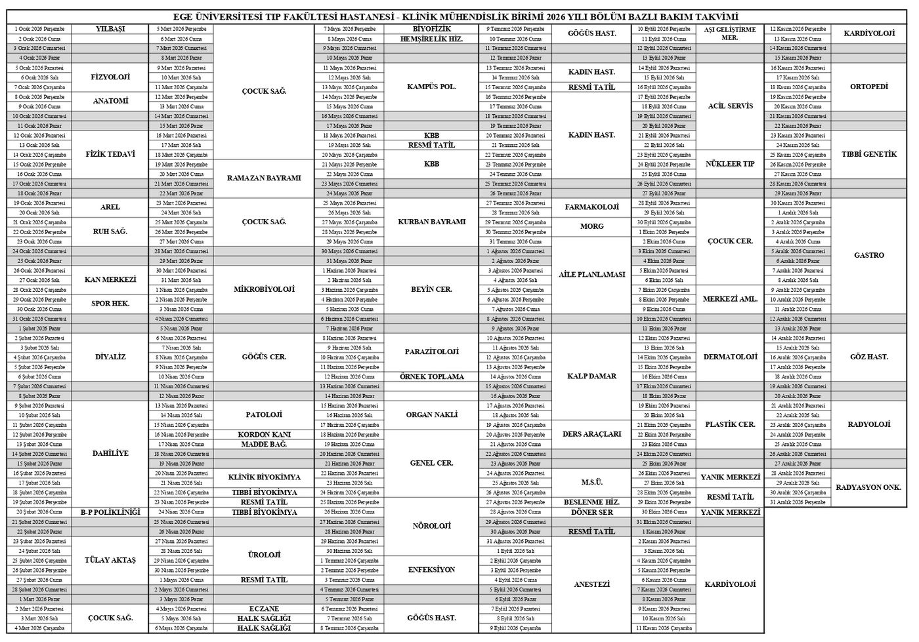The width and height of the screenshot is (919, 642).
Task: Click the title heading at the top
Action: coord(459,16)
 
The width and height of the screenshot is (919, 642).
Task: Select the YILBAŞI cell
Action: coord(110,29)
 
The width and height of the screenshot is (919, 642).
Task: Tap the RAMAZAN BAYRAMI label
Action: coord(263,178)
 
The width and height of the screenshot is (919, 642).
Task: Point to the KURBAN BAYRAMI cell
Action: coord(431,222)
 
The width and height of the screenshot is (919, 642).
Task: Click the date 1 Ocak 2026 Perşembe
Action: coord(39,29)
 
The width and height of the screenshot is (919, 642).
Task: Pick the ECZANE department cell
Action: coord(263,609)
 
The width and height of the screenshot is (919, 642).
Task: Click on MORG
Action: coord(591,226)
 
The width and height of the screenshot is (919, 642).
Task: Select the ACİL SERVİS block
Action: coord(730,106)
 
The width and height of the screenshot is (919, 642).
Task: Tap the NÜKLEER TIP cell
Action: coord(730,164)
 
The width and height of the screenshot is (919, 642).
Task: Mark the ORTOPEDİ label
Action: coord(868,87)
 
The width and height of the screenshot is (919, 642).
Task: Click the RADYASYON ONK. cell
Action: coord(868,487)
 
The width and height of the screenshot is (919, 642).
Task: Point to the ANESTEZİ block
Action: coord(591,584)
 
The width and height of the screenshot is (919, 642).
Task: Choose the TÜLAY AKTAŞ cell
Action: coord(110,560)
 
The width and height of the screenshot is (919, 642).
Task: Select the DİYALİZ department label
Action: coord(110,357)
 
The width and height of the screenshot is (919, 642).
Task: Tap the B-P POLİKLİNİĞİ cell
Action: coord(110,512)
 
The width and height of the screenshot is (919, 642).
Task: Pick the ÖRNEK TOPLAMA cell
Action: coord(431,376)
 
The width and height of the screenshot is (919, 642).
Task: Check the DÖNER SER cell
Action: coord(591,512)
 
